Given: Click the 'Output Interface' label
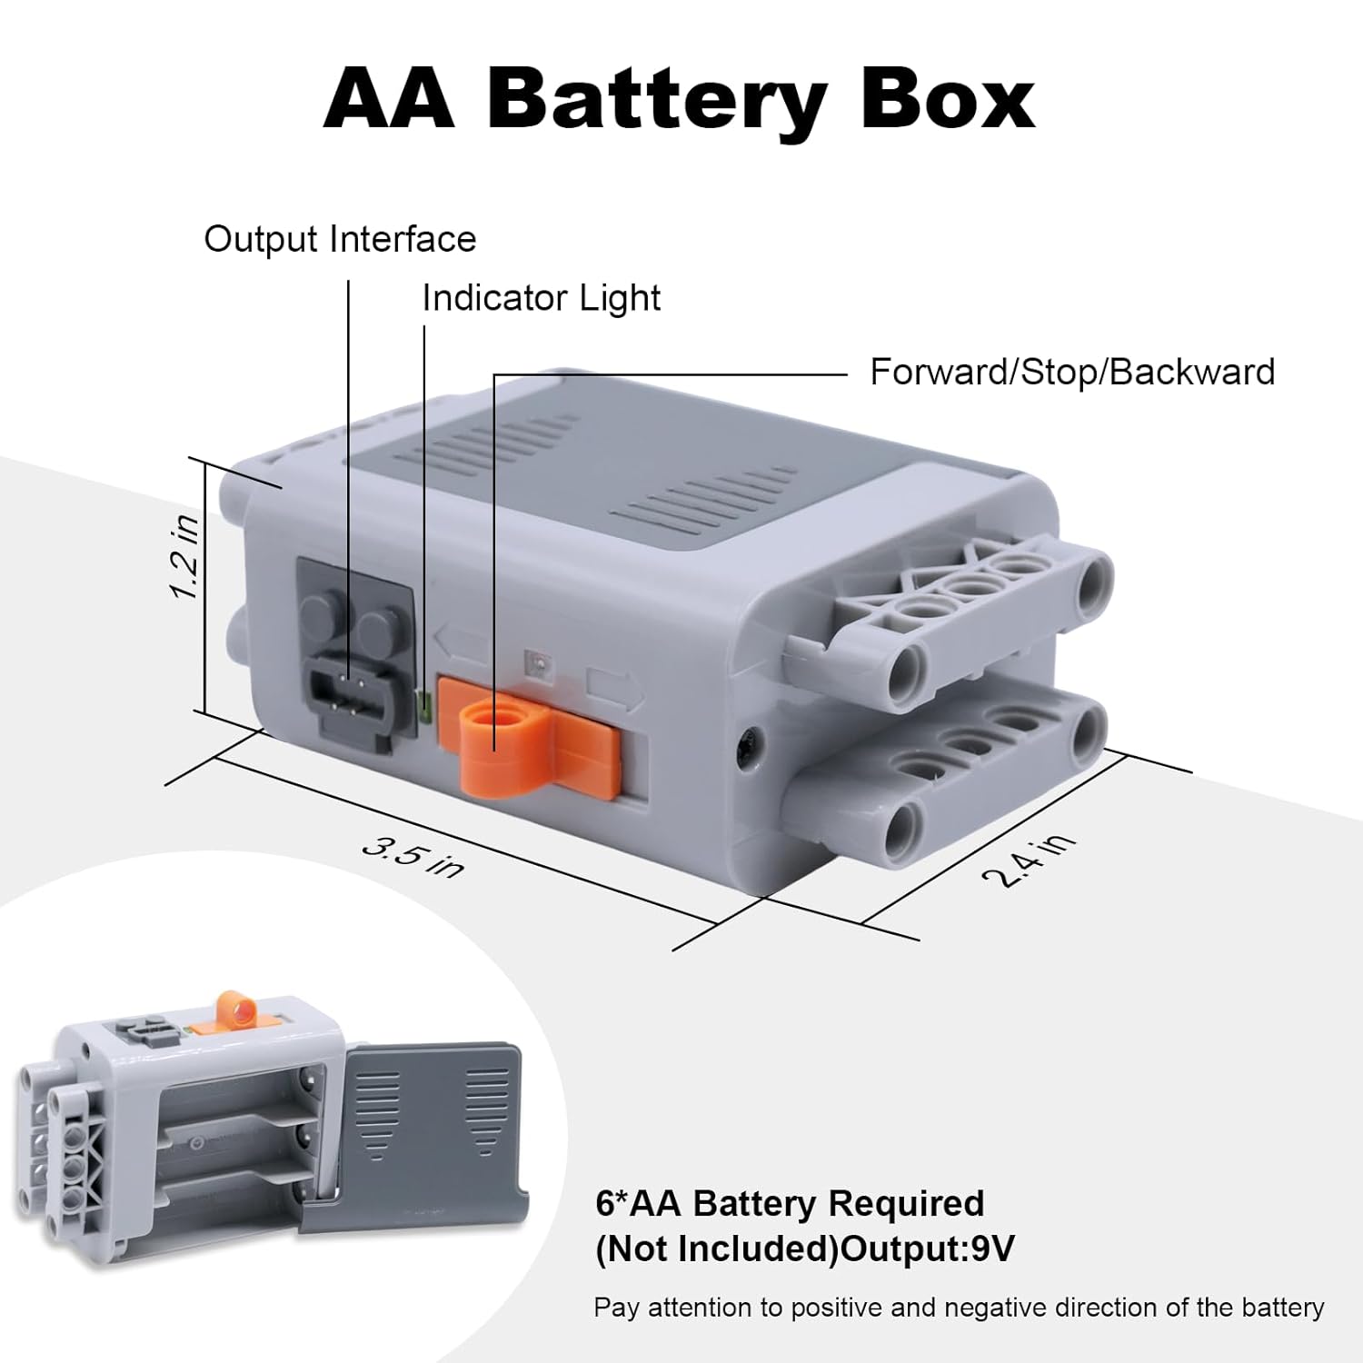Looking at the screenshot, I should [340, 240].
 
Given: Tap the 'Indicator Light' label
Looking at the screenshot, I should [542, 299].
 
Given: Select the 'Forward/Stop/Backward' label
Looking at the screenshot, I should [1072, 373].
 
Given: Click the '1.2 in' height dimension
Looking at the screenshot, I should [185, 557].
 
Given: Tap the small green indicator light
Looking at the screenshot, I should [423, 702].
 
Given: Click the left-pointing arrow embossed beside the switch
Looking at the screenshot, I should [460, 641].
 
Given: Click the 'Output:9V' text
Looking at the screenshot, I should [928, 1249].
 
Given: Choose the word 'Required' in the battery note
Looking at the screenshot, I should [906, 1203].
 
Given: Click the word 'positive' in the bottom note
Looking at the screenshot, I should [835, 1308].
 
